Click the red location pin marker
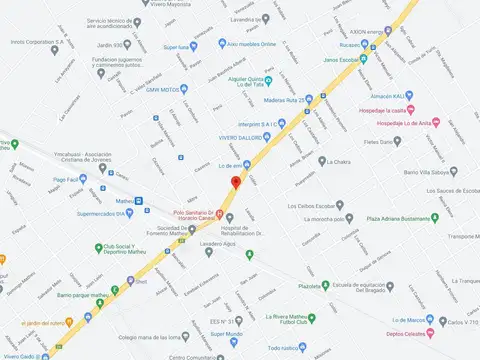(x=236, y=182)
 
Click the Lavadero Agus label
(x=216, y=244)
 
